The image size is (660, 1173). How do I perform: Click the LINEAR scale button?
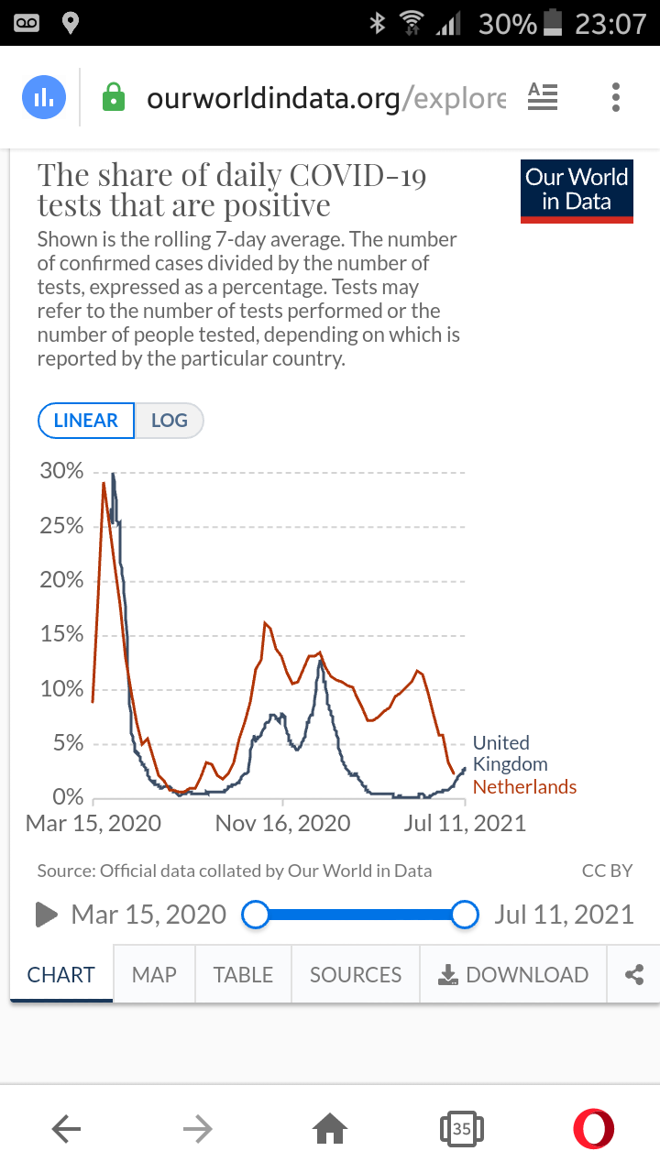click(x=86, y=421)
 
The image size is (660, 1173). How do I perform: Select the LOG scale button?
click(x=169, y=421)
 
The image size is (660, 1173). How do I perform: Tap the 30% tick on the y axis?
click(x=61, y=472)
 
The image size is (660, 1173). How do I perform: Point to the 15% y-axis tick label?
click(x=61, y=635)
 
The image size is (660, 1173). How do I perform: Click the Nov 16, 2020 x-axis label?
click(x=282, y=823)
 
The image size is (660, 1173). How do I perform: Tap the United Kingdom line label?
click(x=510, y=753)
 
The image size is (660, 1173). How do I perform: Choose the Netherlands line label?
click(x=524, y=787)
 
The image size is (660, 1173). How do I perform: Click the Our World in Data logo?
click(x=577, y=191)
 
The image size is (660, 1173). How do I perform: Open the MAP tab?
click(x=154, y=974)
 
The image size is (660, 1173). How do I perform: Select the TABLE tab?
click(x=243, y=974)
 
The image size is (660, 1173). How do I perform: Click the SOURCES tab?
click(x=356, y=974)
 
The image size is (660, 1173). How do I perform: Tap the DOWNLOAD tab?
click(x=513, y=974)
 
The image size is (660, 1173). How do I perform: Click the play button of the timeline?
click(x=46, y=914)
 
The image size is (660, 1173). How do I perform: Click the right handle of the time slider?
click(x=466, y=915)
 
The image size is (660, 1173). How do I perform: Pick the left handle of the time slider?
click(x=255, y=915)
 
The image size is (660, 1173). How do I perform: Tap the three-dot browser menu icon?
click(x=616, y=97)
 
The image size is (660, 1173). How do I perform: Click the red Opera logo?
click(x=593, y=1129)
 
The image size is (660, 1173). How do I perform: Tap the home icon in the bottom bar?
click(x=331, y=1130)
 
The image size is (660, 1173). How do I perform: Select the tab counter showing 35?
click(x=461, y=1130)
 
